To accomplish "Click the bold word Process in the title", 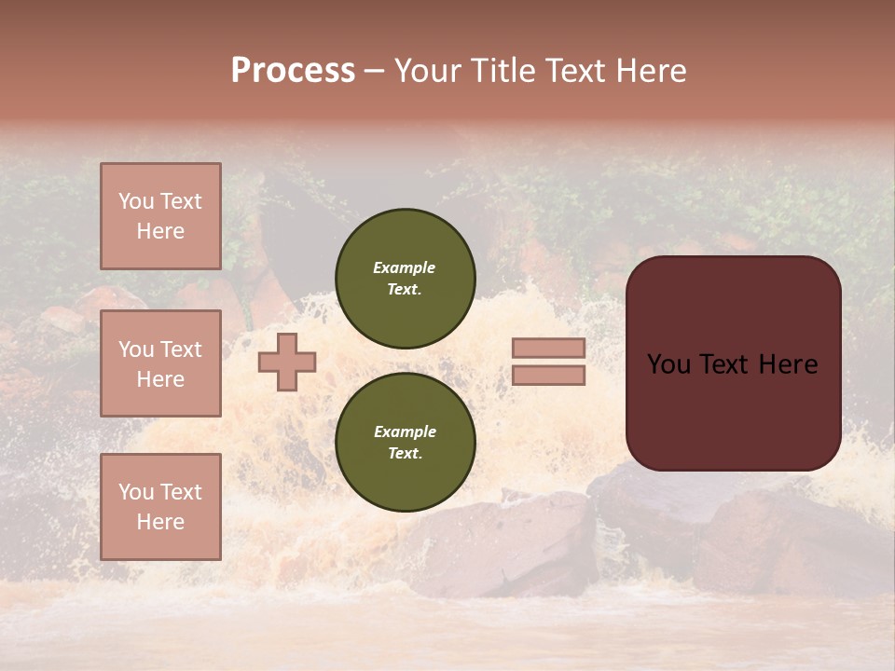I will point(293,71).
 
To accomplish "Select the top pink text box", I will point(160,216).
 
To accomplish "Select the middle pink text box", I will point(160,363).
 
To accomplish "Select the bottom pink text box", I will point(160,507).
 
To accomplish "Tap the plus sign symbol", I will point(287,362).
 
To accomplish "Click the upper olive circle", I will point(405,279).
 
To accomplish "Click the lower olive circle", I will point(405,443).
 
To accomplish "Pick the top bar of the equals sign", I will point(548,349).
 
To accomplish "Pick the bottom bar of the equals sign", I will point(548,376).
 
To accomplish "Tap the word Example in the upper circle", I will point(405,267).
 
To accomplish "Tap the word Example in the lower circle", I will point(405,431).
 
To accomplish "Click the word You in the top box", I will point(135,201).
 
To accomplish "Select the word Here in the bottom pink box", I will point(160,522).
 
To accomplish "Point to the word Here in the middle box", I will point(160,379).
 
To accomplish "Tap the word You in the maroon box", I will point(668,364).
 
